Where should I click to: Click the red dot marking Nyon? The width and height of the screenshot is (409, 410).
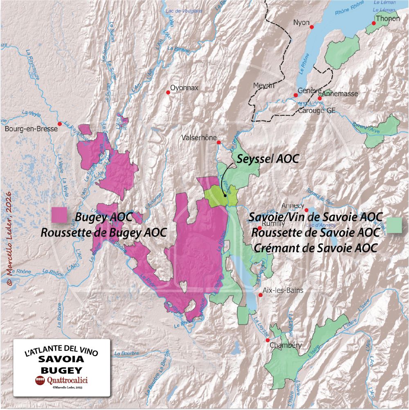click(x=312, y=27)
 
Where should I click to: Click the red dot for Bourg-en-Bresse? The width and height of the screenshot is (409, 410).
click(x=60, y=124)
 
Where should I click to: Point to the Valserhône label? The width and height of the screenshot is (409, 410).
click(x=199, y=138)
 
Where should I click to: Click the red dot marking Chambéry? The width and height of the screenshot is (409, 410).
click(x=267, y=340)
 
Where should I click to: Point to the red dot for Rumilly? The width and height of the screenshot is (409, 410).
click(x=259, y=228)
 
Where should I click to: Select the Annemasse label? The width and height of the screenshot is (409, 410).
click(x=340, y=94)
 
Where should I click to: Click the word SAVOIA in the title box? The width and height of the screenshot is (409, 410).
click(x=62, y=360)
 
